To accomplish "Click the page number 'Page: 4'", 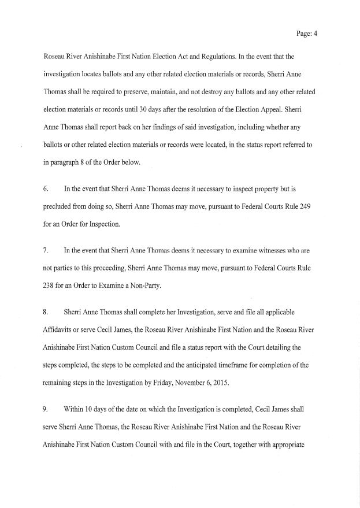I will pos(307,34).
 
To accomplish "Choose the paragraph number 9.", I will pos(46,409).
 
